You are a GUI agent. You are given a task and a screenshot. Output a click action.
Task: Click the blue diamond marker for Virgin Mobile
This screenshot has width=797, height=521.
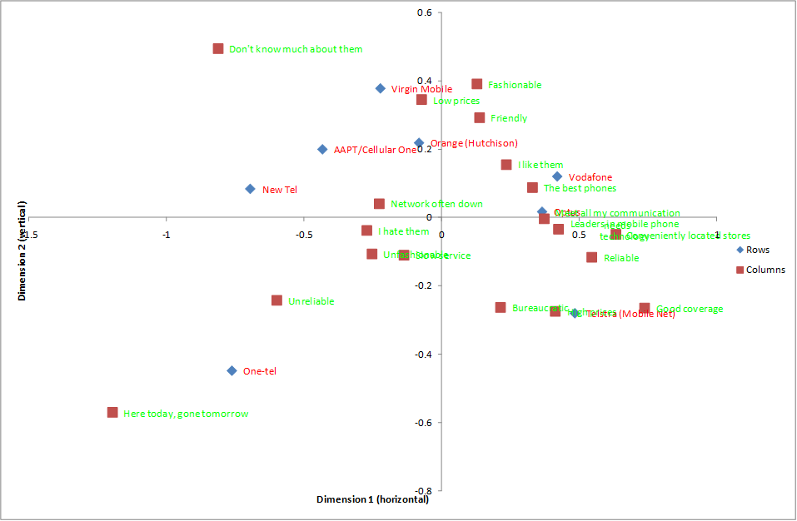pyautogui.click(x=381, y=88)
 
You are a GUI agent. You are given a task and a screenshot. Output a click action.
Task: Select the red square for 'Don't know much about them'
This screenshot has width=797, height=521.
pyautogui.click(x=218, y=49)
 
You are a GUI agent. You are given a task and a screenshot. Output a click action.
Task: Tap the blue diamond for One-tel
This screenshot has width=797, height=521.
pyautogui.click(x=232, y=370)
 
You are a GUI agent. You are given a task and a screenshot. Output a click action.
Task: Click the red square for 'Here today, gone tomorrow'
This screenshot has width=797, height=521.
pyautogui.click(x=112, y=413)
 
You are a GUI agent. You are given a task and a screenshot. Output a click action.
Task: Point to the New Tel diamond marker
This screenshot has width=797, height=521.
pyautogui.click(x=250, y=189)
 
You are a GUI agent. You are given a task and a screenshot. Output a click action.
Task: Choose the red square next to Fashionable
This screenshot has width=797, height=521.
pyautogui.click(x=477, y=84)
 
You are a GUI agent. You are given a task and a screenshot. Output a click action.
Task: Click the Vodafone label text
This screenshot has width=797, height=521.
pyautogui.click(x=590, y=177)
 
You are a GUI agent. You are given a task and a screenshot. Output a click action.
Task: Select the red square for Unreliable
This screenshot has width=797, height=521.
pyautogui.click(x=276, y=300)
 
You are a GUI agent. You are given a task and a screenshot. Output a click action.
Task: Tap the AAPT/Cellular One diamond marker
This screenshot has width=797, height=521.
pyautogui.click(x=322, y=150)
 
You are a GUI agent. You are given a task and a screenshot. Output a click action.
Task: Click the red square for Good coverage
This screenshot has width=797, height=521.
pyautogui.click(x=645, y=309)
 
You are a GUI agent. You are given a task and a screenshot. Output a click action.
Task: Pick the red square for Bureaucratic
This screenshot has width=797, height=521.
pyautogui.click(x=501, y=308)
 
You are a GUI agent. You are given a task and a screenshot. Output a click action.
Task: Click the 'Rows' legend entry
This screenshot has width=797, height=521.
pyautogui.click(x=757, y=250)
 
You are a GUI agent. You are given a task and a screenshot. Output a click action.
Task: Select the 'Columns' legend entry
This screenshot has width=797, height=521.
pyautogui.click(x=765, y=270)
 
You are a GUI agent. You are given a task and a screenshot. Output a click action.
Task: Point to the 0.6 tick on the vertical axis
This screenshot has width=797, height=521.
pyautogui.click(x=425, y=13)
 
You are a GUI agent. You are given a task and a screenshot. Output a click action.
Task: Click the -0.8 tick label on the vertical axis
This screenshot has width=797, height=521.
pyautogui.click(x=423, y=491)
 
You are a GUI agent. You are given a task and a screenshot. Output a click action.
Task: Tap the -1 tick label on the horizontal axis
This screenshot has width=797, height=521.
pyautogui.click(x=167, y=235)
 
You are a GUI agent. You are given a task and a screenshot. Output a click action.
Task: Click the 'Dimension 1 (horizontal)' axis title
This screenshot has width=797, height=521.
pyautogui.click(x=372, y=499)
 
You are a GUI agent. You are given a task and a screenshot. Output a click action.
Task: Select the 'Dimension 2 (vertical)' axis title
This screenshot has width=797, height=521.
pyautogui.click(x=22, y=250)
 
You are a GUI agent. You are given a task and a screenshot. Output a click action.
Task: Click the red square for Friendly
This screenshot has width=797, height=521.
pyautogui.click(x=480, y=118)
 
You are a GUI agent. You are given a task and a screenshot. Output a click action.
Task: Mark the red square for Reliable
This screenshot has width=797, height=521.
pyautogui.click(x=591, y=258)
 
